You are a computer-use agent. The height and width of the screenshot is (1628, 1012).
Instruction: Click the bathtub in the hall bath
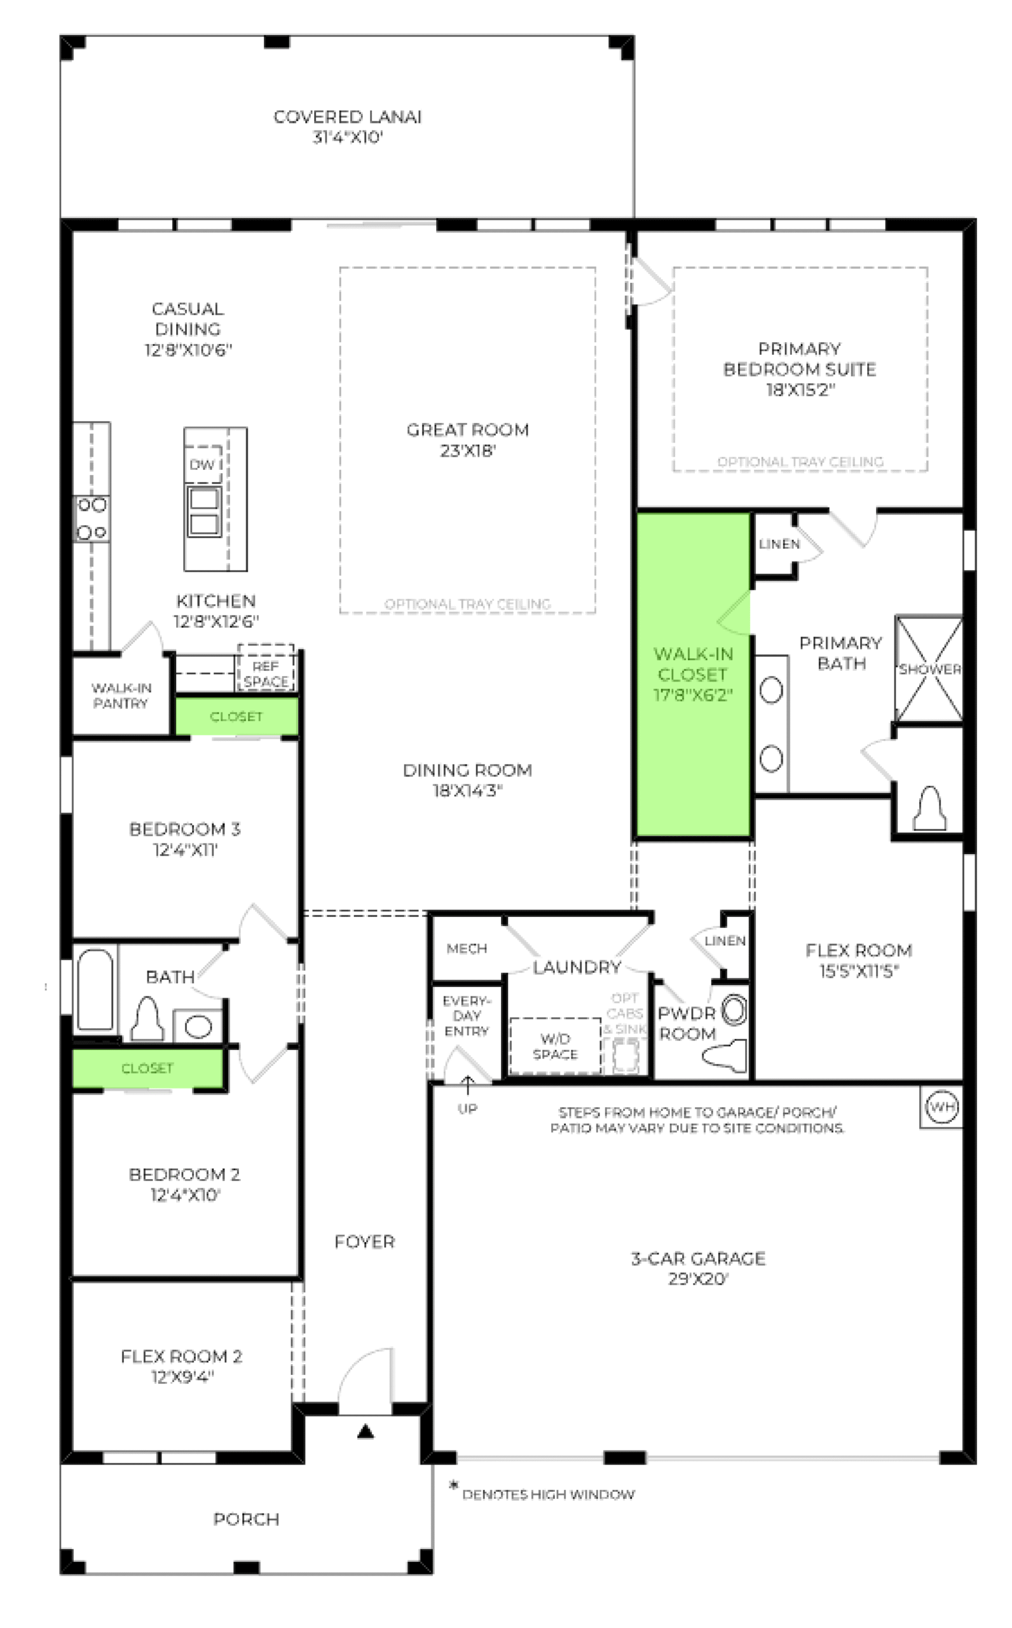click(x=95, y=989)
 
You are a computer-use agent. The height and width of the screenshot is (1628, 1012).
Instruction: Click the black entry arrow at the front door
click(x=365, y=1432)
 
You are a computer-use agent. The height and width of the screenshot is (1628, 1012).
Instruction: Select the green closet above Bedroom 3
click(x=236, y=716)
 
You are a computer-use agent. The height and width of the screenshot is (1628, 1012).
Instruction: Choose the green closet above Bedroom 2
click(x=147, y=1068)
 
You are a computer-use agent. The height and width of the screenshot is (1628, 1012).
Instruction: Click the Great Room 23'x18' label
click(x=467, y=440)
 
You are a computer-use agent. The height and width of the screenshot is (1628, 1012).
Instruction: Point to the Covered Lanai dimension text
click(x=347, y=138)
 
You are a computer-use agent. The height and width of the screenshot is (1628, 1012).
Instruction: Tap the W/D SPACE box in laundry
click(x=555, y=1046)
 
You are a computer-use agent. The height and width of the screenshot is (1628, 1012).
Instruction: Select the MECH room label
click(x=467, y=949)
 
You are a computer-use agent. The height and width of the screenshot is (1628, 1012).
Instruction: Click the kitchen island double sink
click(x=204, y=511)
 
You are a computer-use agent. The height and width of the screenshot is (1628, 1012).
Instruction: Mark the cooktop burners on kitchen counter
click(x=92, y=519)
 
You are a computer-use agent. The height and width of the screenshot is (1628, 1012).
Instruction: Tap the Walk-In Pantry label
click(x=121, y=696)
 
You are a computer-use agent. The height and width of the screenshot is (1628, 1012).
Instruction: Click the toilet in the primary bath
click(x=929, y=808)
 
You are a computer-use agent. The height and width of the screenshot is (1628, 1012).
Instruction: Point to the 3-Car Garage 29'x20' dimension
click(x=697, y=1280)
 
